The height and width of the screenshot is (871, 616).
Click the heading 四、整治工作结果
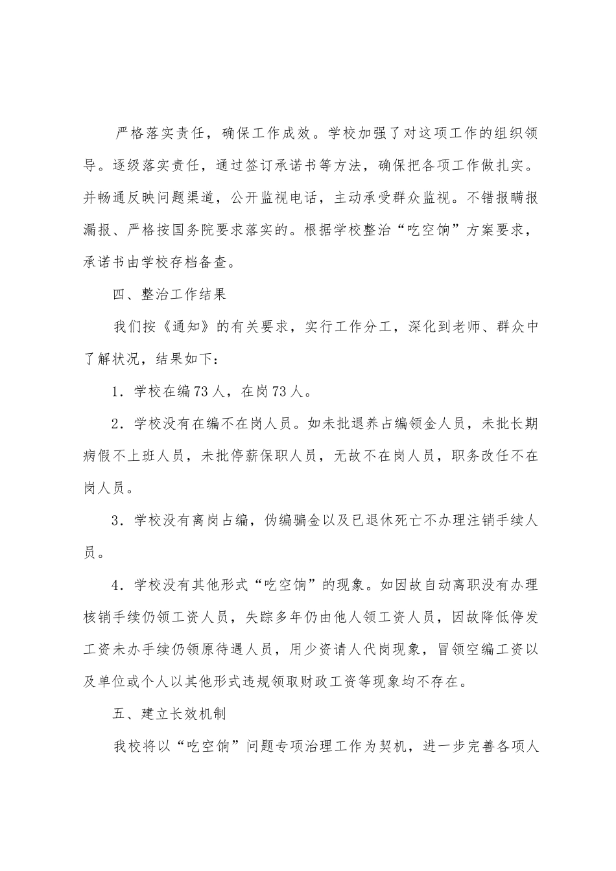pyautogui.click(x=169, y=294)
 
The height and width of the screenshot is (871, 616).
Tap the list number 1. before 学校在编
pyautogui.click(x=119, y=391)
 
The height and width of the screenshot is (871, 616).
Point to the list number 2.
pyautogui.click(x=119, y=424)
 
